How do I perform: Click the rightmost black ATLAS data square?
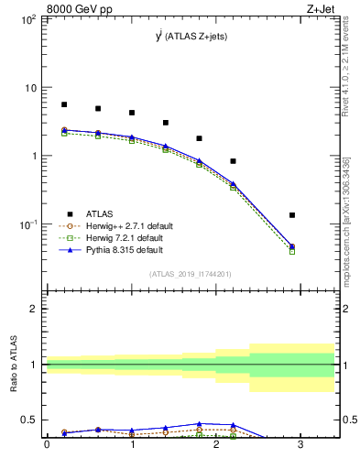(292, 215)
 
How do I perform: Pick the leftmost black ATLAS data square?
(64, 104)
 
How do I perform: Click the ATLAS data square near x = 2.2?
(234, 161)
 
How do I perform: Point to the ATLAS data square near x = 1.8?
(200, 138)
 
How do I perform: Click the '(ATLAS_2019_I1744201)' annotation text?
(191, 274)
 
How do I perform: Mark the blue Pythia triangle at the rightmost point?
(292, 245)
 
